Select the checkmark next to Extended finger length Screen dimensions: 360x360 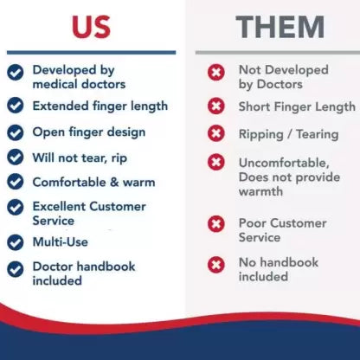point(16,106)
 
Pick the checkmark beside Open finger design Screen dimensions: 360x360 point(16,132)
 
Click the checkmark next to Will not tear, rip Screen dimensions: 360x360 point(16,157)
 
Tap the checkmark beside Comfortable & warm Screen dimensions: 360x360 point(16,183)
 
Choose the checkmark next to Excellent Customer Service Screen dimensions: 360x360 point(16,208)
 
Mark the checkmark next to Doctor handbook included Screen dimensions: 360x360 point(16,268)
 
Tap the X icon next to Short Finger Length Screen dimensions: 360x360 point(216,106)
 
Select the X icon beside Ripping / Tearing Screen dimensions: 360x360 point(216,134)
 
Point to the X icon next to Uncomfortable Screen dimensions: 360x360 point(216,163)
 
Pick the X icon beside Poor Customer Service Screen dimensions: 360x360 point(216,224)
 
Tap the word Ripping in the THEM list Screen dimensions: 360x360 point(263,135)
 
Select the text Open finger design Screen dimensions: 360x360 point(89,132)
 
